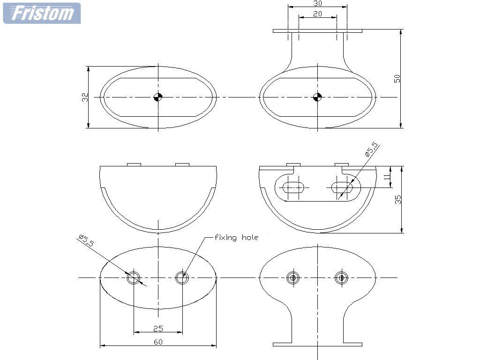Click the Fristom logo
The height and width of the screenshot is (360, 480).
(42, 13)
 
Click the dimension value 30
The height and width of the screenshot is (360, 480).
(318, 3)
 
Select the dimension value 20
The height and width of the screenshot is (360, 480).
(318, 14)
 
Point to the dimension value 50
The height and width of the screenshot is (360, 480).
(397, 78)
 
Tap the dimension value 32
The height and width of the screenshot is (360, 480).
(85, 97)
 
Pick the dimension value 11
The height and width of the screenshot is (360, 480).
(387, 177)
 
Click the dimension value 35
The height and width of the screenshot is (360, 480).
(397, 200)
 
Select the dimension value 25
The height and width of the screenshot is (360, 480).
(158, 329)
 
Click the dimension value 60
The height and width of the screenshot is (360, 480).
(158, 342)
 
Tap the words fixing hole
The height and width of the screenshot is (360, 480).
(236, 237)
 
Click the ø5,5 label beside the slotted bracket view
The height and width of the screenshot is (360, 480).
(372, 150)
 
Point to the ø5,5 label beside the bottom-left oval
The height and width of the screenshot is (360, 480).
(87, 240)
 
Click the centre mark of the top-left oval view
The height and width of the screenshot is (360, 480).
(158, 97)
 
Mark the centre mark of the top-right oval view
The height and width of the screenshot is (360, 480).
(317, 97)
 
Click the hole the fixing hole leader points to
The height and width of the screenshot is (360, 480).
(182, 278)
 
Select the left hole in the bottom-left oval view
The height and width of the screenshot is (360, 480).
(134, 278)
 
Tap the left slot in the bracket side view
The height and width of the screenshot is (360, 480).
(293, 187)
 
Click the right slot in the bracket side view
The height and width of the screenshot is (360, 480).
(342, 187)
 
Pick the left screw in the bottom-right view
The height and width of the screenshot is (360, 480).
(293, 278)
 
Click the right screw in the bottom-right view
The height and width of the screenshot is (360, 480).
(341, 278)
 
